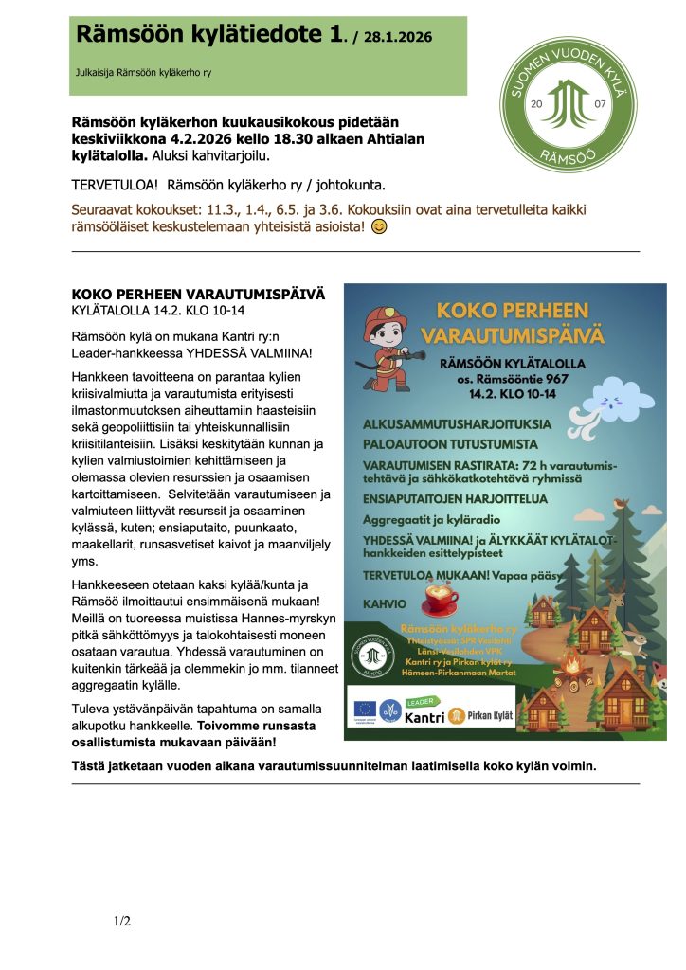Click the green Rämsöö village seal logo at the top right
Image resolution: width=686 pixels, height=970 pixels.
pos(568,103)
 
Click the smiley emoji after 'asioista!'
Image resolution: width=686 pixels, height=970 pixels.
pos(379,227)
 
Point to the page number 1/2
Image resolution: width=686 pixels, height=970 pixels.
pos(122,920)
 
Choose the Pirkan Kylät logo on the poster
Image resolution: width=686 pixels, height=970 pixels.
pos(481,716)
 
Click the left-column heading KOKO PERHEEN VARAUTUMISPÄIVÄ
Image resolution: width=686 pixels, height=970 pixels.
pos(198,294)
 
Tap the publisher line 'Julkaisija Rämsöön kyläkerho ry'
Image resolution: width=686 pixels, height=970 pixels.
pos(143,72)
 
